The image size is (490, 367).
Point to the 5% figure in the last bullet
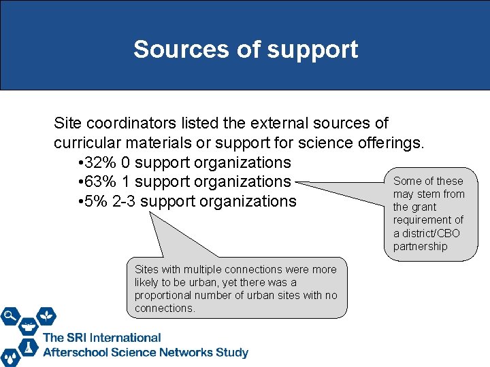click(x=90, y=201)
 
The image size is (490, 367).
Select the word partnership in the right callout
click(x=421, y=246)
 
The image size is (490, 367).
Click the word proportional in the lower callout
click(x=162, y=296)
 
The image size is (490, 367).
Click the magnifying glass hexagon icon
click(x=11, y=315)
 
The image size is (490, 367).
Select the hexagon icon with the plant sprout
click(x=46, y=315)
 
